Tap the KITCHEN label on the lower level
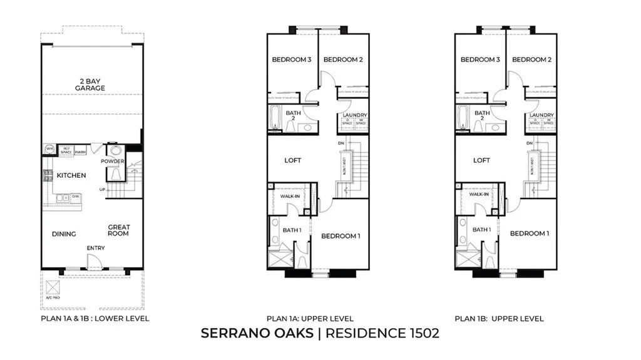point(71,175)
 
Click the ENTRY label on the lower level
point(96,249)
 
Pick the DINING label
point(64,234)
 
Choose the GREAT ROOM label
point(118,230)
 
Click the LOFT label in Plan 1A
point(293,160)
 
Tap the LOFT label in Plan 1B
point(481,160)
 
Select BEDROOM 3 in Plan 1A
point(292,60)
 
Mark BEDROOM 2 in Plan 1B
point(531,60)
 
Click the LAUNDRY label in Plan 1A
point(354,115)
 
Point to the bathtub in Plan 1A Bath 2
point(275,118)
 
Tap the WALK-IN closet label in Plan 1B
point(479,195)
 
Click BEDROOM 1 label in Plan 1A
point(341,236)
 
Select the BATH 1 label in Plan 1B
point(481,230)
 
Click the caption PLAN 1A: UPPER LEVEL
point(310,319)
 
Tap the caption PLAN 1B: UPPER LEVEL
point(500,319)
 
